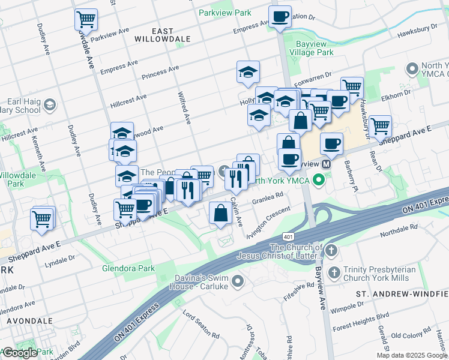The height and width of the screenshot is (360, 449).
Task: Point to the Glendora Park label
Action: [x=128, y=268]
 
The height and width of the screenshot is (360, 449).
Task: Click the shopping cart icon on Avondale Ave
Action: [x=86, y=19]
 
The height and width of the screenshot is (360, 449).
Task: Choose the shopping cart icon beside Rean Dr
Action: [x=380, y=126]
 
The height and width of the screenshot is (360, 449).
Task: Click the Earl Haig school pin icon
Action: [x=49, y=105]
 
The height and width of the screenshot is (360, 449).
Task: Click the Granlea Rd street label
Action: [x=267, y=197]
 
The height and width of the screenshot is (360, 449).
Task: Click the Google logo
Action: [x=20, y=353]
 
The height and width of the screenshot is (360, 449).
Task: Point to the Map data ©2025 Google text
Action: [x=412, y=355]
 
